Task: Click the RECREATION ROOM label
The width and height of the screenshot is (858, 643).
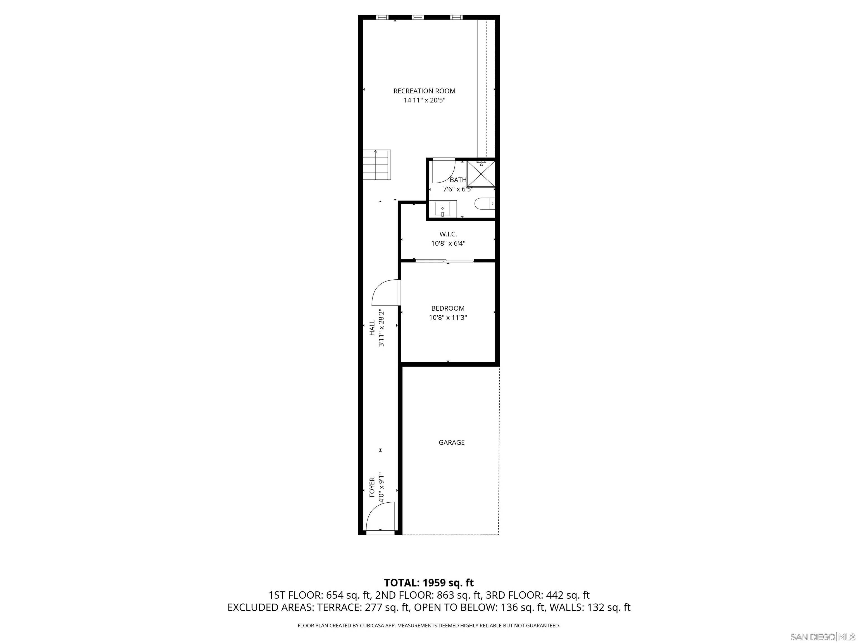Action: click(424, 91)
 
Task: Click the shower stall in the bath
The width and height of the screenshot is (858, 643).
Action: click(481, 174)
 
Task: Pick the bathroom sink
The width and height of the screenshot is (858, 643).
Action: click(443, 209)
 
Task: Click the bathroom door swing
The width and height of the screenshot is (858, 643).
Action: click(443, 171)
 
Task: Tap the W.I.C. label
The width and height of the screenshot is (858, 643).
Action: click(448, 234)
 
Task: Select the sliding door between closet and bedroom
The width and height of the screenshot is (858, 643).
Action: click(445, 261)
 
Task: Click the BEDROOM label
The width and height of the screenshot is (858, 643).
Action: click(448, 308)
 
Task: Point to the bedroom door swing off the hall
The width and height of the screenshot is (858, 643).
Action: click(385, 293)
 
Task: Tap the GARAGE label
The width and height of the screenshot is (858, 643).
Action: click(452, 442)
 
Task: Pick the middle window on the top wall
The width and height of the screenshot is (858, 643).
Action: click(418, 17)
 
